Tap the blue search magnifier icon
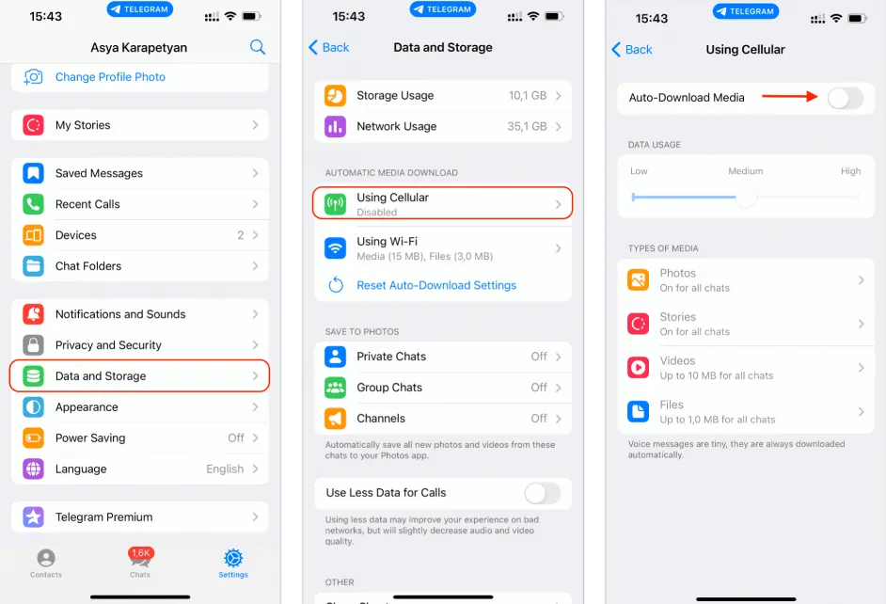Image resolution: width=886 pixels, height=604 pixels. point(258,47)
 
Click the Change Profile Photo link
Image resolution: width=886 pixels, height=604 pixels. point(110,77)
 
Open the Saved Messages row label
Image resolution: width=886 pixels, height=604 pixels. point(99,173)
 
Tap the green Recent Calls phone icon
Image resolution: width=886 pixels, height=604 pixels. point(34,204)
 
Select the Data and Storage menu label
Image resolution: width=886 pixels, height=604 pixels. point(101,376)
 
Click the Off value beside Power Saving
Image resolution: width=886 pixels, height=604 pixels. point(236,438)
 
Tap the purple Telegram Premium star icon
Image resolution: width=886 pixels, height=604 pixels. point(34,517)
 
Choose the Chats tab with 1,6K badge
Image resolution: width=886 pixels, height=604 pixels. point(140,562)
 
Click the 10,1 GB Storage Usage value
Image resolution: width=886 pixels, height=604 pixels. point(527,96)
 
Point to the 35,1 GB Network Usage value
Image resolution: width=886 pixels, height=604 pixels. point(527,126)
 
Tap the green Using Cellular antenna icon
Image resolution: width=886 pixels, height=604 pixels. point(335,204)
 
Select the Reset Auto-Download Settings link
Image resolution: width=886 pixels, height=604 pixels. point(436,285)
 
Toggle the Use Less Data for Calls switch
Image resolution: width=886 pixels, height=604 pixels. point(543,493)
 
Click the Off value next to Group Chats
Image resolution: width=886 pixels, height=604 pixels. point(539,388)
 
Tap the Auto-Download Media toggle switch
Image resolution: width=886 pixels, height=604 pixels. point(845,97)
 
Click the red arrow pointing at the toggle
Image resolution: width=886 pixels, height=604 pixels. point(790,96)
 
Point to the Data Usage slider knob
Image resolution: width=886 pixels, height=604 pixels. point(746,197)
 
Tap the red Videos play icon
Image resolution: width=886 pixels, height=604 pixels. point(639,368)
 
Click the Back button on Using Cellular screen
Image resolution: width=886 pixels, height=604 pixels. point(632,49)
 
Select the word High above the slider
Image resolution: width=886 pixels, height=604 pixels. point(850,171)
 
